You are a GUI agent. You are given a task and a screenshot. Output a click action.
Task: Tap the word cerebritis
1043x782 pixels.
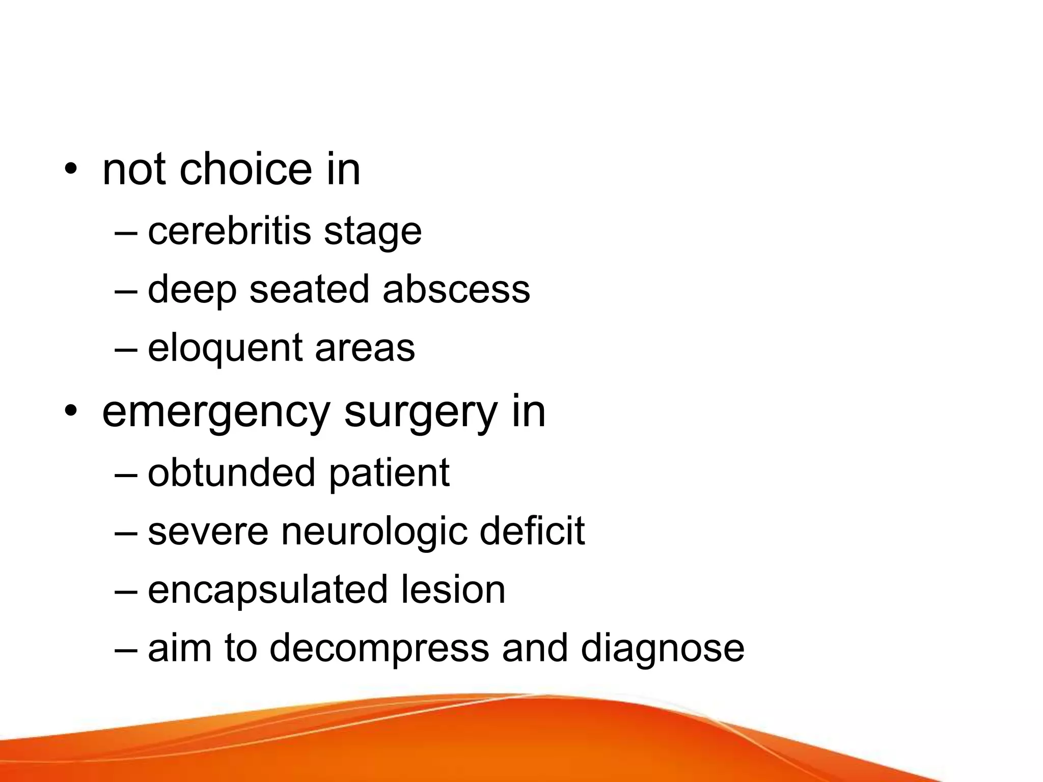(x=229, y=231)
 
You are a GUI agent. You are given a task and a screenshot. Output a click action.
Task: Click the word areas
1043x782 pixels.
(x=365, y=349)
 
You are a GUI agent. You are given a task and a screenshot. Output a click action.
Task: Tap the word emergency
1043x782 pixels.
(x=216, y=413)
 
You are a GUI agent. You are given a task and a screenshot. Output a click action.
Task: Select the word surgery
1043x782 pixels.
(x=421, y=413)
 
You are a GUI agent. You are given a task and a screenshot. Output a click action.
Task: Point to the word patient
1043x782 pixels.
(x=389, y=473)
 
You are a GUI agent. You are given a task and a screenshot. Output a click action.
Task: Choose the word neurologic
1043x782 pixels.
(x=374, y=532)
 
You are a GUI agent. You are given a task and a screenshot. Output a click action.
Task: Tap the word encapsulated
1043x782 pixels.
(x=268, y=591)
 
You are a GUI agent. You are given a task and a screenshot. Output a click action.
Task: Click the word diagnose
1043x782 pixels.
(x=662, y=649)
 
